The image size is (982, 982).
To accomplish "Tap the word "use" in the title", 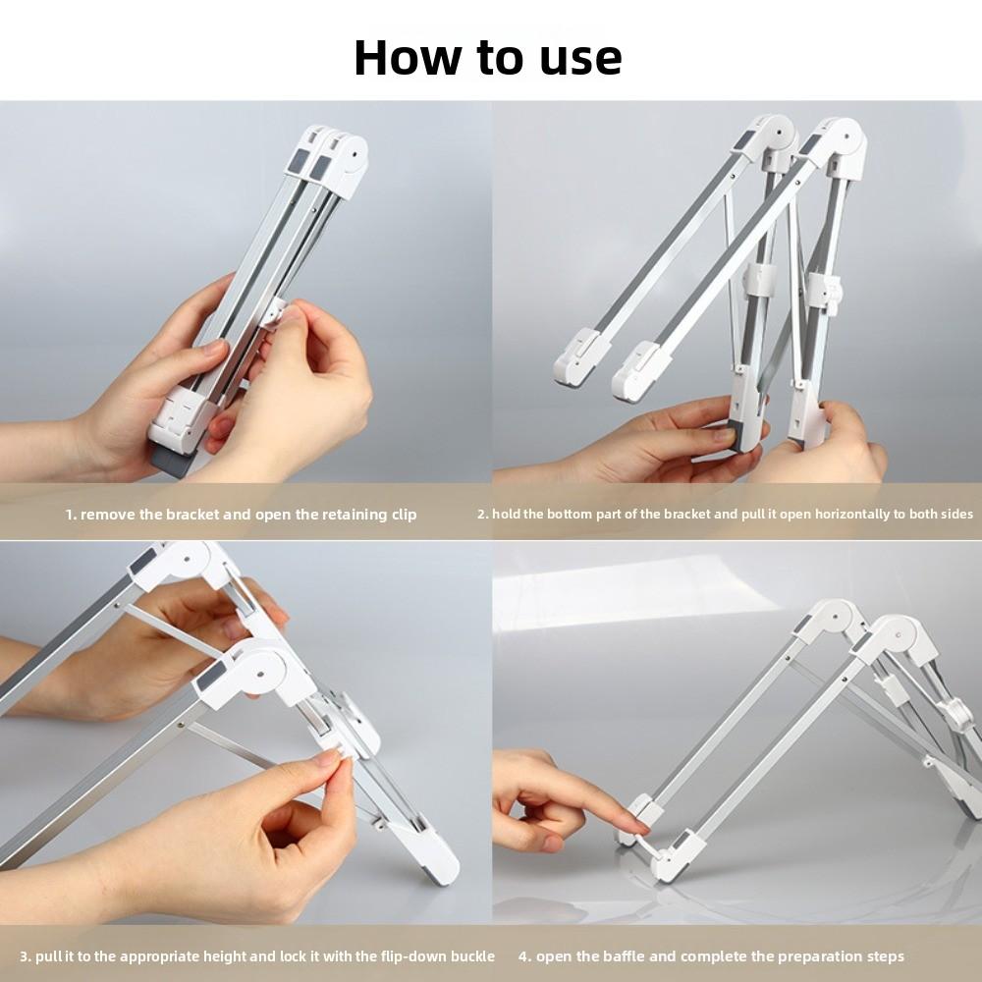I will coord(579,57).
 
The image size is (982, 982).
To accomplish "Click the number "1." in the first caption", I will coord(71,515).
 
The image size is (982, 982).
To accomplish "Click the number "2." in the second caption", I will coord(483,514).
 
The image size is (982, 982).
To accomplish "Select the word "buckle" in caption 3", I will coord(469,955).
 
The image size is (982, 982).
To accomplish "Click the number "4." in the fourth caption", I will coord(525,955).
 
